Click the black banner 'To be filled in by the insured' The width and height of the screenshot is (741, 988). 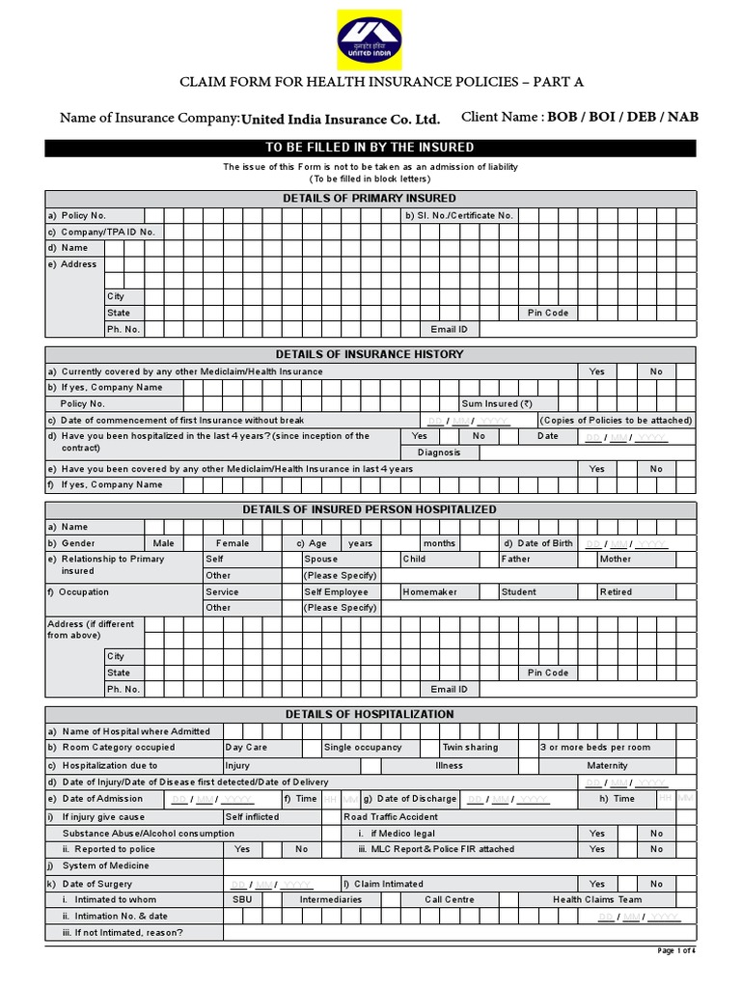[x=370, y=147]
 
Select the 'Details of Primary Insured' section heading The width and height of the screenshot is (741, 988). [x=370, y=198]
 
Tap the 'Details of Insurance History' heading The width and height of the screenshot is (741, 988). [x=370, y=354]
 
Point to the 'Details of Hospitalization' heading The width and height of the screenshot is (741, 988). [x=370, y=714]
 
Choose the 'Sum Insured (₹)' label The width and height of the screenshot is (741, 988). [x=497, y=404]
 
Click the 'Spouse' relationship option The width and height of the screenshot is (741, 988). [x=321, y=559]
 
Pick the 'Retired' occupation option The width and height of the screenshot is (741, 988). [x=616, y=591]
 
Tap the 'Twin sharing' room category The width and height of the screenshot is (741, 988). [x=471, y=747]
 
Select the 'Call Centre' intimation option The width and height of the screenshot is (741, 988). [x=450, y=899]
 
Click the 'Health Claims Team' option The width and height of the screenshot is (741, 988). [x=597, y=899]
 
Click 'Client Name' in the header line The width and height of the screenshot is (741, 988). [x=501, y=118]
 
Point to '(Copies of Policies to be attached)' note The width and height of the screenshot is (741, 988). [x=616, y=421]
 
